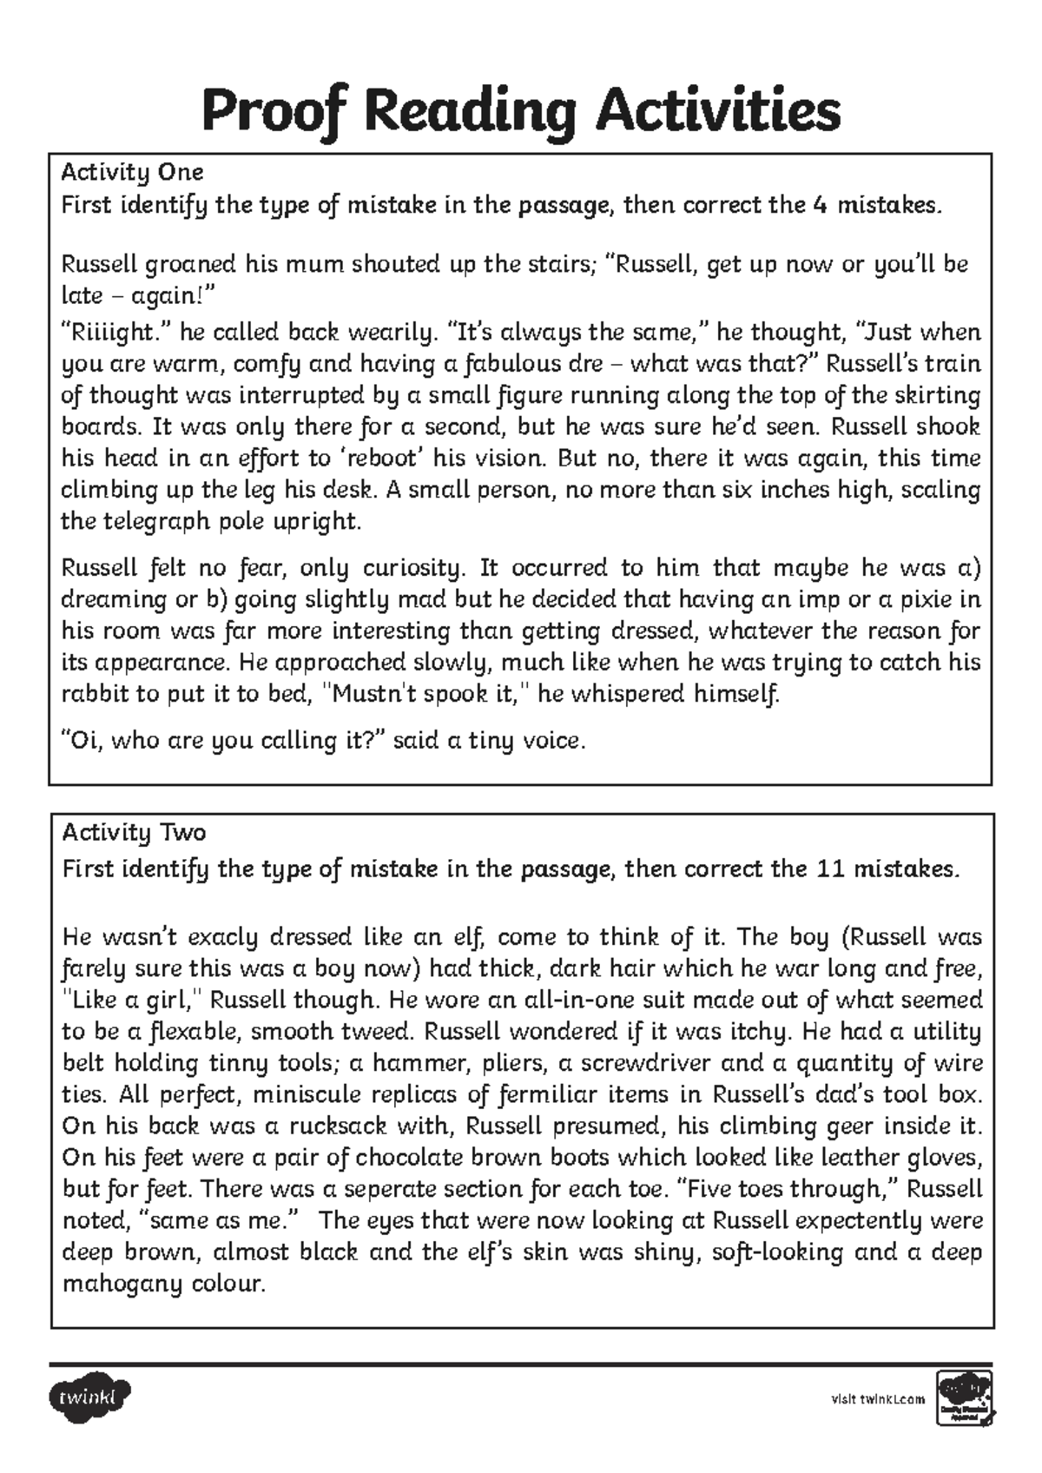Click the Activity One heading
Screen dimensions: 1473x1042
coord(132,171)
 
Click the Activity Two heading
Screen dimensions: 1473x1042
coord(134,833)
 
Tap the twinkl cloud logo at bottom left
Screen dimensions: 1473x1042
coord(90,1397)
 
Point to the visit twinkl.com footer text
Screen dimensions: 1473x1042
coord(878,1399)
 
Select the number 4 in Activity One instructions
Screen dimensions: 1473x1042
coord(820,206)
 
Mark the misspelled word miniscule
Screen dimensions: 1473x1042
coord(304,1094)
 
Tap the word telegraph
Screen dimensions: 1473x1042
coord(162,521)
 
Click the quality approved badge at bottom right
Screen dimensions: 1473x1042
coord(963,1398)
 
